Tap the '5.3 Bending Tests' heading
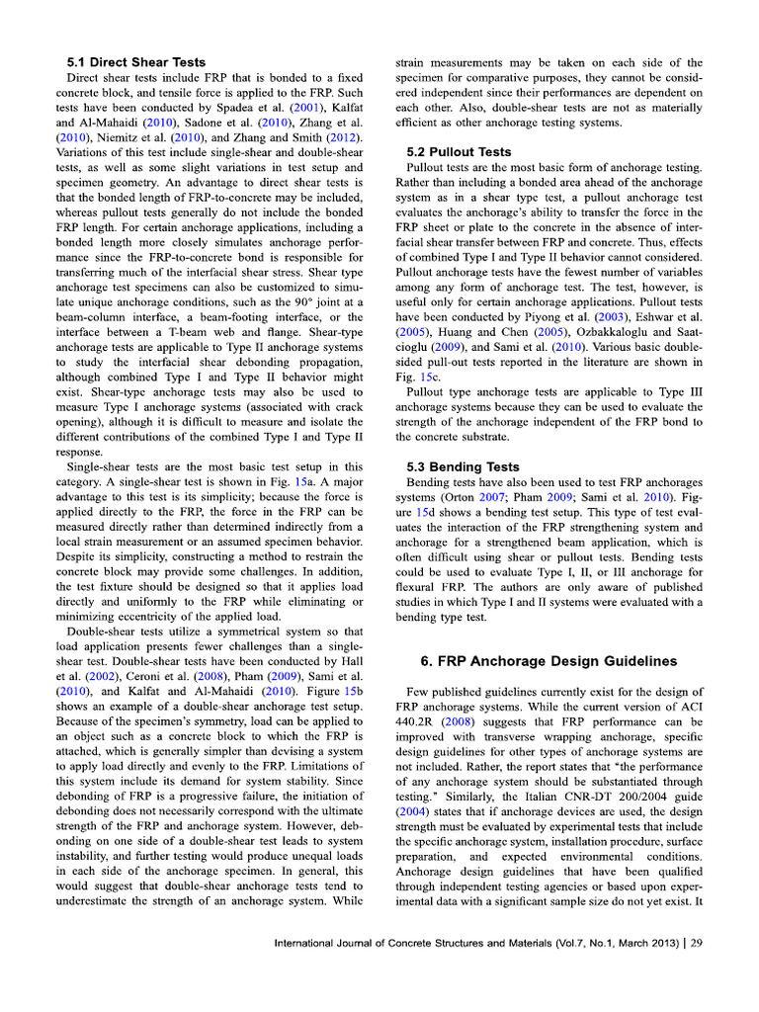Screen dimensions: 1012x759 point(464,466)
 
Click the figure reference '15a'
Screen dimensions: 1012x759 point(315,481)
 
